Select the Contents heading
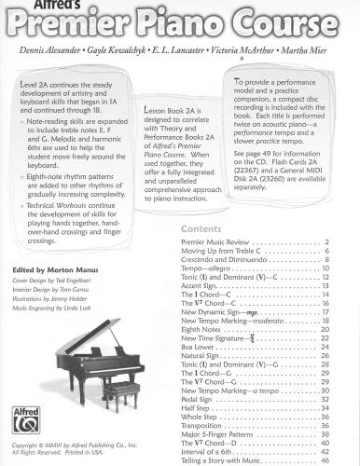pyautogui.click(x=201, y=254)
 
